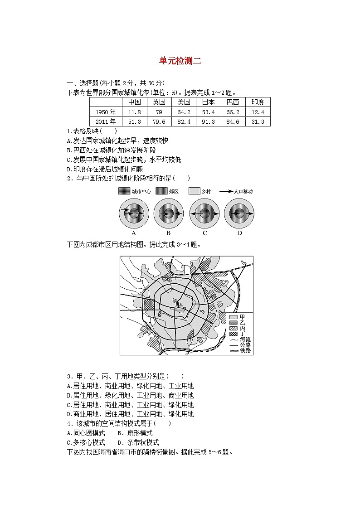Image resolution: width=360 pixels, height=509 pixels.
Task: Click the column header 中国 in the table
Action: click(x=135, y=102)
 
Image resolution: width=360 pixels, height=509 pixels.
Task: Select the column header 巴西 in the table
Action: click(x=233, y=102)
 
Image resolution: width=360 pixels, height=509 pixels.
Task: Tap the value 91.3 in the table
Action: click(x=208, y=121)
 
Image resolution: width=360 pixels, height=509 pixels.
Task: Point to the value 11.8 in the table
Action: click(x=135, y=112)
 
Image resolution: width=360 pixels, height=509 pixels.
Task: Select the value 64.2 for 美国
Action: click(x=184, y=112)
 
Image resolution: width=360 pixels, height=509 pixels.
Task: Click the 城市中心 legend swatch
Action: click(x=124, y=191)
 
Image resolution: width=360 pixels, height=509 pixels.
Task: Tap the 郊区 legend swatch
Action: click(x=161, y=191)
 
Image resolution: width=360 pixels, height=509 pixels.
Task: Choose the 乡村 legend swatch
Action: click(x=195, y=191)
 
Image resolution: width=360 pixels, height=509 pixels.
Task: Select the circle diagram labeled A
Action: click(x=134, y=213)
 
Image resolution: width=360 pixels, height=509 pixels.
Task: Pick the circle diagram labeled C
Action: click(x=205, y=213)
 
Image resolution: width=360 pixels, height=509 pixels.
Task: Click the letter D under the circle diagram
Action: click(x=240, y=233)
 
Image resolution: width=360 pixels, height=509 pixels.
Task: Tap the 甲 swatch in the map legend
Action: click(x=234, y=317)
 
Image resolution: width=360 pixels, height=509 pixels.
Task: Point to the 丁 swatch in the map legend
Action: click(x=234, y=334)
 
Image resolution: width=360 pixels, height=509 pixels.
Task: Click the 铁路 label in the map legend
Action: click(x=246, y=350)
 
